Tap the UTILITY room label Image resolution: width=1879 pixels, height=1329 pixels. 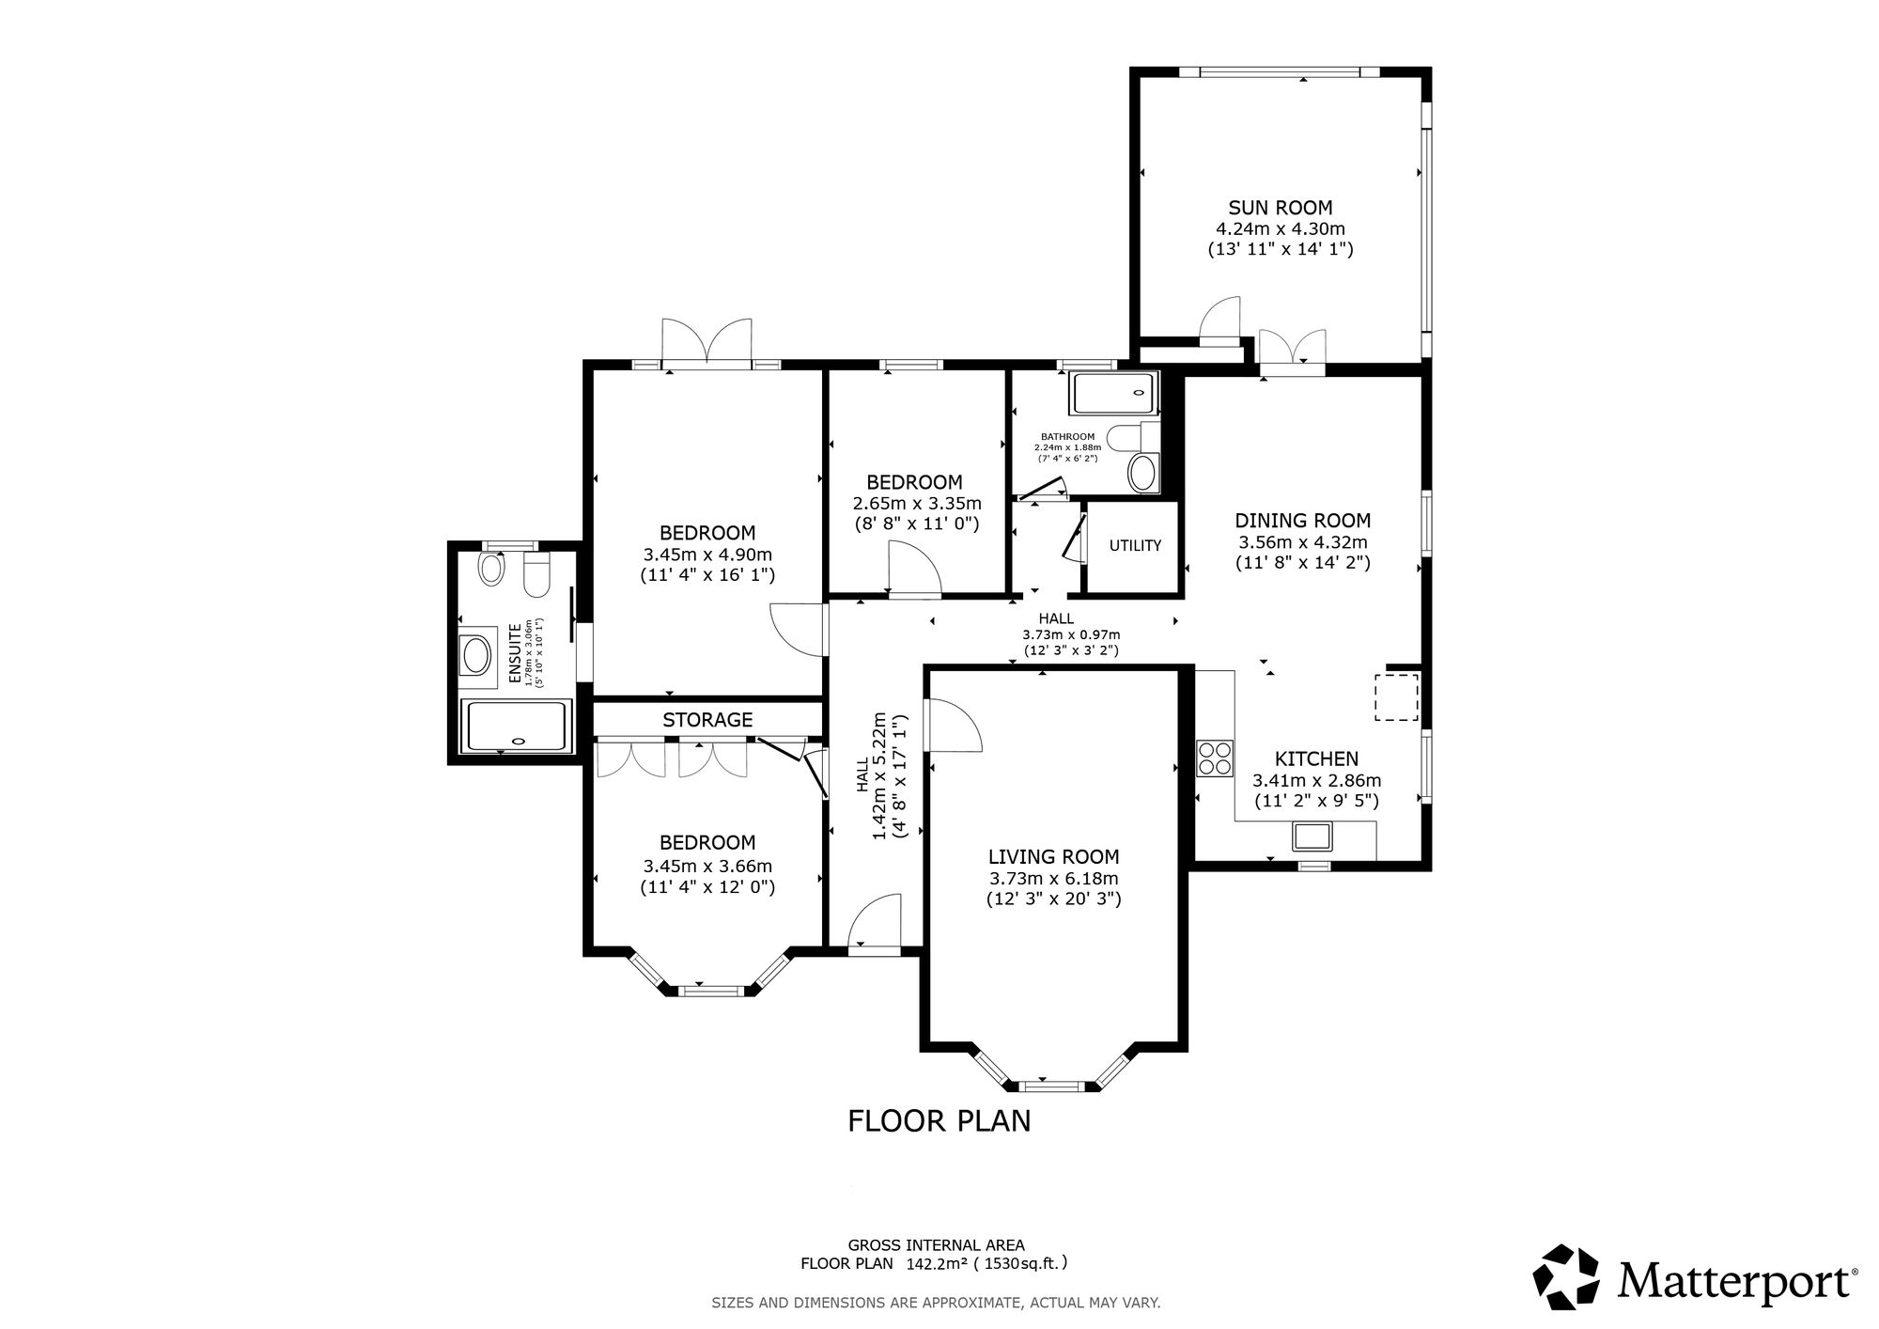coord(1135,545)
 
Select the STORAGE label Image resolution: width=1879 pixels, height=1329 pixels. coord(707,720)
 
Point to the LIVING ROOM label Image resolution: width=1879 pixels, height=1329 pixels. coord(1053,857)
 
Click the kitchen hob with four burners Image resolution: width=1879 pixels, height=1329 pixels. coord(1215,758)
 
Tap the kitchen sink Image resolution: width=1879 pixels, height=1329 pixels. coord(1312,835)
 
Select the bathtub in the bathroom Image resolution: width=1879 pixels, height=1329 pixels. coord(1113,394)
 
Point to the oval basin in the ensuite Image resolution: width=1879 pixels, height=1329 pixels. coord(475,653)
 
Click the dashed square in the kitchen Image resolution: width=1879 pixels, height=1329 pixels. coord(1397,696)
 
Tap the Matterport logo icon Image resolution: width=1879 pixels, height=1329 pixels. coord(1566,1275)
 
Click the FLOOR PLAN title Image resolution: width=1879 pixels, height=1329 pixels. coord(939,1121)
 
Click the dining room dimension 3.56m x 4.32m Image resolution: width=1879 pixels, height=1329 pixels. coord(1302,542)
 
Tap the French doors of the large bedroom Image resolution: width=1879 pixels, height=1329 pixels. coord(707,343)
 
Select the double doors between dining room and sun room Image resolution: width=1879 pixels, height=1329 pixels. coord(1293,349)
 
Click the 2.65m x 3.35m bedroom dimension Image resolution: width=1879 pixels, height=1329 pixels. coord(916,503)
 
